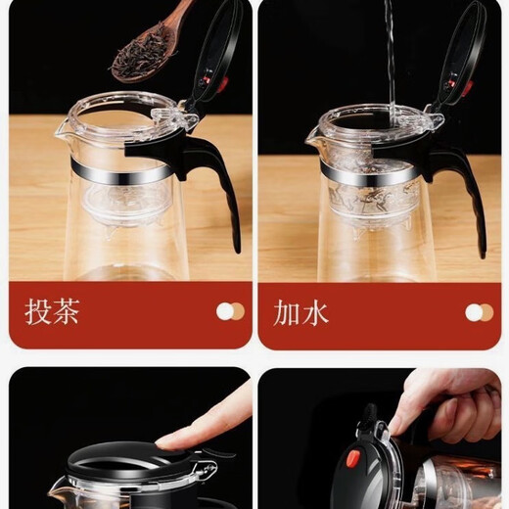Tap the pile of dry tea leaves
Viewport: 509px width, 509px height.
pyautogui.click(x=136, y=58)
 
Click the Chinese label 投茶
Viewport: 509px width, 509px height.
pyautogui.click(x=52, y=312)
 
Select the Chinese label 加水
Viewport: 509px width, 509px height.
pyautogui.click(x=301, y=312)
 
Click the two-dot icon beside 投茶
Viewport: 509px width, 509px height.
pyautogui.click(x=230, y=312)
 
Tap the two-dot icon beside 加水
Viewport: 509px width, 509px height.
pyautogui.click(x=479, y=312)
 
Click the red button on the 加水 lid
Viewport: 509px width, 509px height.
pyautogui.click(x=451, y=84)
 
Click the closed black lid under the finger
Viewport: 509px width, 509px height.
pyautogui.click(x=127, y=470)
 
